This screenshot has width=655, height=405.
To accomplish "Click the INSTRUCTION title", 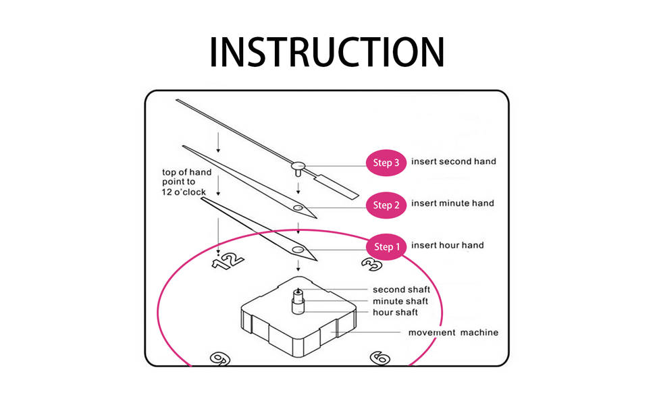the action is tap(327, 52).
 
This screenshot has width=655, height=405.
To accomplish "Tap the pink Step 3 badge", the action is tap(386, 163).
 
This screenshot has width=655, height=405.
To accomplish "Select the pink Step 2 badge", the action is tap(386, 205).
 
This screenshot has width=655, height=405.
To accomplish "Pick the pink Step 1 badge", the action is tap(386, 247).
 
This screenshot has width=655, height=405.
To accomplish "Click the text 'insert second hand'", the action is tap(454, 161).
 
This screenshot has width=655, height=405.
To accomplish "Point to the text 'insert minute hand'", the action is tap(452, 203).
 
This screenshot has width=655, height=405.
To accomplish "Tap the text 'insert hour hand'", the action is tap(448, 245).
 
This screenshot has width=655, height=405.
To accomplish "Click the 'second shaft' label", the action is tap(401, 290).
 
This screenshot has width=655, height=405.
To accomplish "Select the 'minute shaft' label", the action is tap(400, 301).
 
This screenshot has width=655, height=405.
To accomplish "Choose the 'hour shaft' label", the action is tap(395, 313).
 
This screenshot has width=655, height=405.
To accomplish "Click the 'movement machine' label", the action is tap(453, 332).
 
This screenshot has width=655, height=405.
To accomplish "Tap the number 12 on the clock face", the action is tap(228, 261).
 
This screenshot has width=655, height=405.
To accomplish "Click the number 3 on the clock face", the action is tap(372, 265).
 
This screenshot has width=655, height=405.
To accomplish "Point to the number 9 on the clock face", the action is tap(220, 358).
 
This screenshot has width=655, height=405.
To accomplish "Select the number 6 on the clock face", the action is tap(380, 358).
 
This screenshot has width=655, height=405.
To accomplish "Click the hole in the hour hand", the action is tap(298, 250).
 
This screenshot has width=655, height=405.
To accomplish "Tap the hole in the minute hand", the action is tap(298, 207).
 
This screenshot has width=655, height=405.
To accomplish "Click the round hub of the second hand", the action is tap(298, 166).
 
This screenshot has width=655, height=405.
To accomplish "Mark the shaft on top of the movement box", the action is tap(298, 300).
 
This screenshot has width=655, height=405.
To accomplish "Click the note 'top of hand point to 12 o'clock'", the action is tap(186, 182).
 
